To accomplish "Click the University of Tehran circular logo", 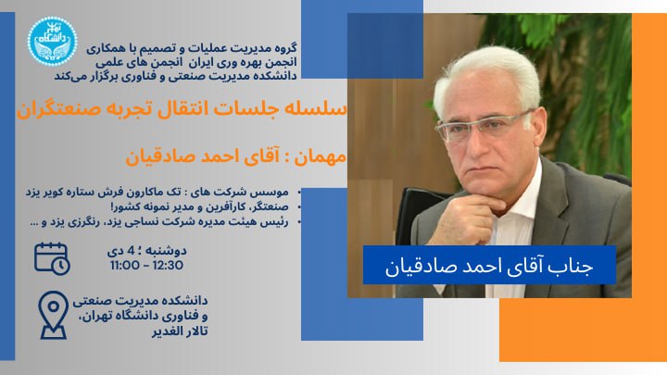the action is pyautogui.click(x=52, y=42).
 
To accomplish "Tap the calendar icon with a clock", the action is pyautogui.click(x=52, y=258).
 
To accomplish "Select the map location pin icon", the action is pyautogui.click(x=53, y=315).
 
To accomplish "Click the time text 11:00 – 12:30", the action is pyautogui.click(x=146, y=266).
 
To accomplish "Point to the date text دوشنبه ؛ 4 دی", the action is pyautogui.click(x=146, y=251).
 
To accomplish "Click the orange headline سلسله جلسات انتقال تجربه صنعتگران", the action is pyautogui.click(x=182, y=109).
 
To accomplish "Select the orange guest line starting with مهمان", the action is pyautogui.click(x=236, y=156).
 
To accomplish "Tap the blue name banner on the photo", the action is pyautogui.click(x=489, y=265).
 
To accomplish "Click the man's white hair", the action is pyautogui.click(x=487, y=76).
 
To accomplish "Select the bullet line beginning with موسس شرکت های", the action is pyautogui.click(x=157, y=193).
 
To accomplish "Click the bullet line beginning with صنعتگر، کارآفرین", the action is pyautogui.click(x=199, y=207).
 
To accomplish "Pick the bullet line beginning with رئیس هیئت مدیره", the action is pyautogui.click(x=158, y=222).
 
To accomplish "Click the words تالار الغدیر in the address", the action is pyautogui.click(x=180, y=331).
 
